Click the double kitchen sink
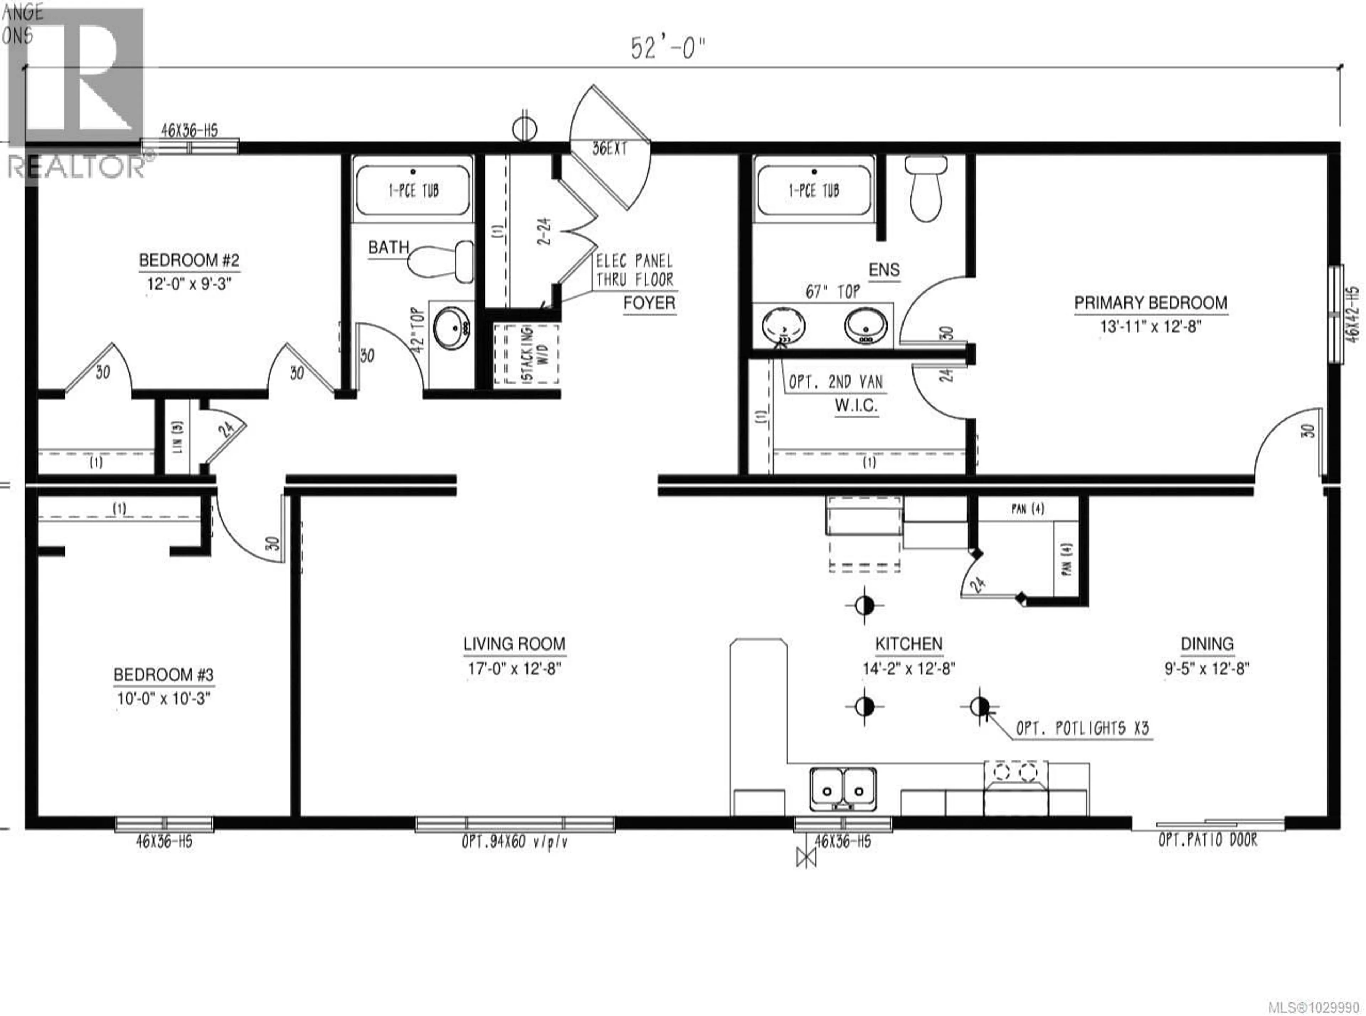(x=842, y=789)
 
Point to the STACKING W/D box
(x=526, y=354)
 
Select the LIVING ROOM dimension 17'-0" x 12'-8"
(x=514, y=669)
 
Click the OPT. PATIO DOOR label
(x=1207, y=840)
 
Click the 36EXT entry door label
(x=609, y=149)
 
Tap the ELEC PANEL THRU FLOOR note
(x=634, y=270)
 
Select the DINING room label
(x=1207, y=644)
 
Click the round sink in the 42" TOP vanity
(x=452, y=327)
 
